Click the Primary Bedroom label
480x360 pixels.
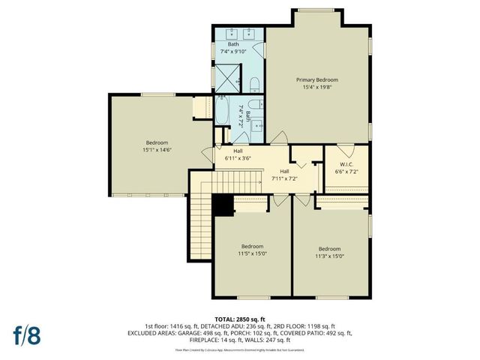(x=316, y=79)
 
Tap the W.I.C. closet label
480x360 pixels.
(x=346, y=164)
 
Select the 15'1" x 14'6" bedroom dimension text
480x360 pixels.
(x=157, y=150)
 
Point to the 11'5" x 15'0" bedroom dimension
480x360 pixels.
(x=252, y=253)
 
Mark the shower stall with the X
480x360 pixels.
(x=224, y=76)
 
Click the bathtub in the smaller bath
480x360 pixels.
(x=223, y=112)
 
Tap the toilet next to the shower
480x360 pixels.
(x=254, y=82)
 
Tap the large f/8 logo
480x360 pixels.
(x=26, y=334)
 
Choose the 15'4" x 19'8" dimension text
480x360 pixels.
(x=316, y=87)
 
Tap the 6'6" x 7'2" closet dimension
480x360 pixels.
(x=346, y=172)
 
